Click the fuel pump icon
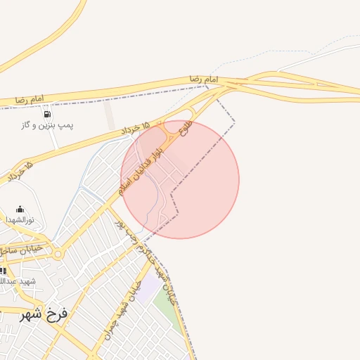pos(47,114)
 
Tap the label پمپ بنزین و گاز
pos(46,125)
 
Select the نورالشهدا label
pos(20,220)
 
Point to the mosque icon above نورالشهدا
pos(20,209)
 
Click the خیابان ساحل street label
pos(22,250)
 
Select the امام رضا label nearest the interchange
pos(205,80)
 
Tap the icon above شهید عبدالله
pos(3,271)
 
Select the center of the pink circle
pos(180,179)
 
